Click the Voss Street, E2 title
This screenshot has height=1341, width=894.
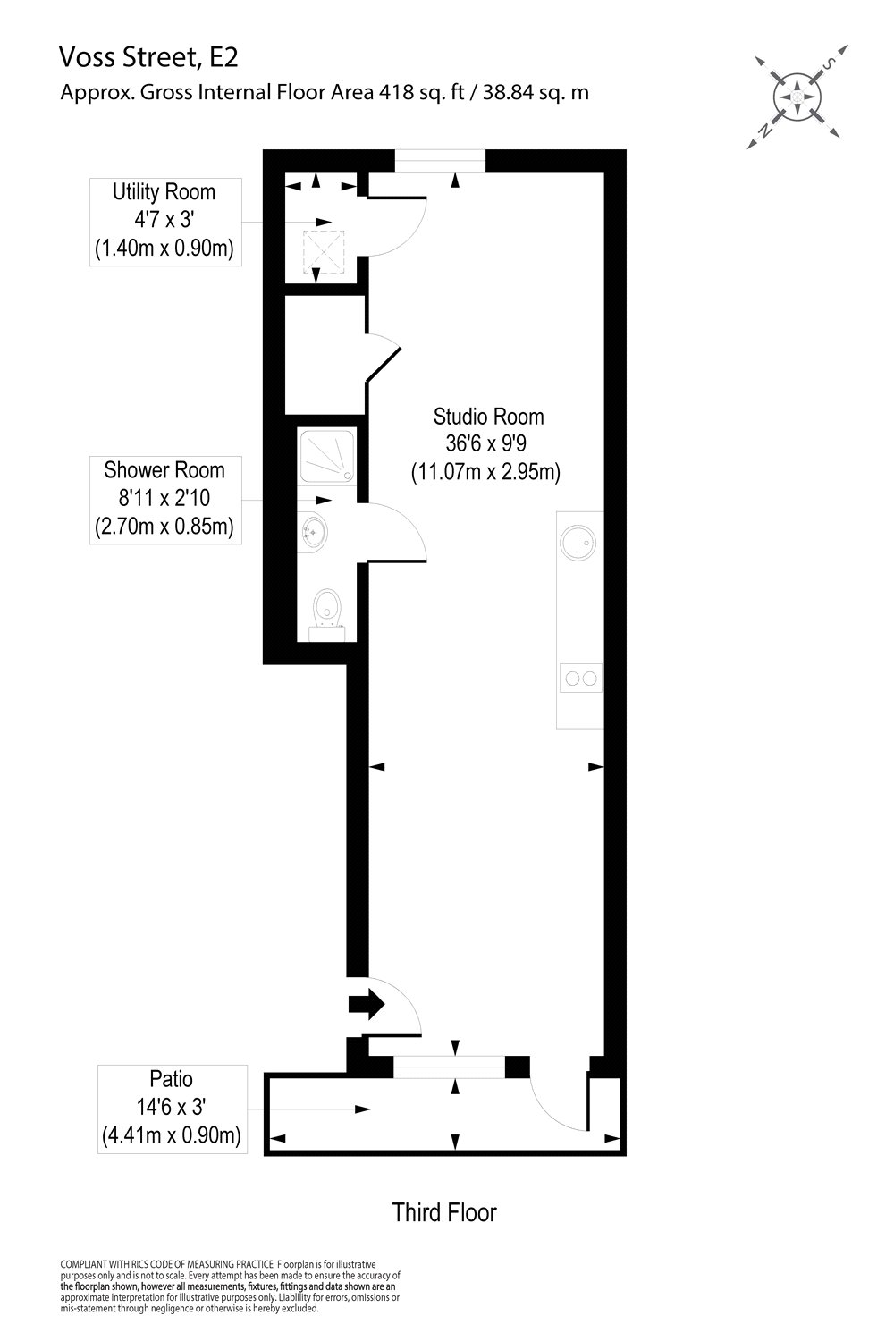click(148, 58)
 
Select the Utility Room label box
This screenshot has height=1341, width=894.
click(164, 221)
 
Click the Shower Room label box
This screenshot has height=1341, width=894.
click(164, 499)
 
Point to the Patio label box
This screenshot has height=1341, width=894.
click(170, 1109)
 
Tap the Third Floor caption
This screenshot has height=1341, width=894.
click(444, 1212)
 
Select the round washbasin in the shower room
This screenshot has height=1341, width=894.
click(311, 534)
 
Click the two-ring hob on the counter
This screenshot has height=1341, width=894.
click(580, 679)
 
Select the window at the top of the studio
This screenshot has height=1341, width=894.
click(441, 160)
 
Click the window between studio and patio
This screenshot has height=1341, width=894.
click(449, 1067)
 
